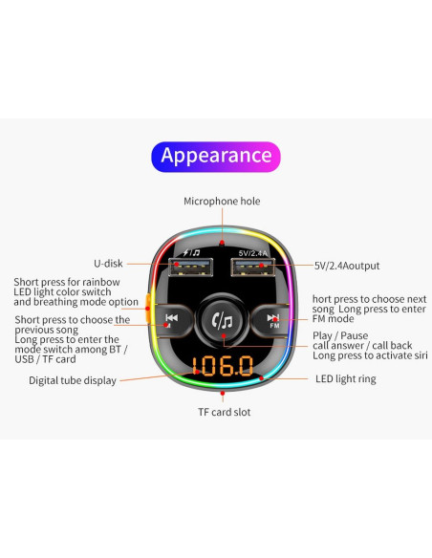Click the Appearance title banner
tap(216, 157)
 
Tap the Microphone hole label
tap(222, 201)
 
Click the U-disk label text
tap(108, 264)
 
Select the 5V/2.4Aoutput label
tap(347, 266)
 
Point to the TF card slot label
tap(225, 412)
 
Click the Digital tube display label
tap(73, 380)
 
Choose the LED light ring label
tap(346, 379)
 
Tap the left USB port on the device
tap(191, 267)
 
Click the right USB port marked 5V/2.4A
tap(253, 267)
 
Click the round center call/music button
tap(223, 321)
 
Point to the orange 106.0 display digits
tap(223, 366)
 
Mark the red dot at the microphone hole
tap(222, 243)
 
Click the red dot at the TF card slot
tap(223, 394)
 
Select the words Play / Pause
tap(340, 335)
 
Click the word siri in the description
tap(421, 355)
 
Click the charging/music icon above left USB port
tap(191, 252)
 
